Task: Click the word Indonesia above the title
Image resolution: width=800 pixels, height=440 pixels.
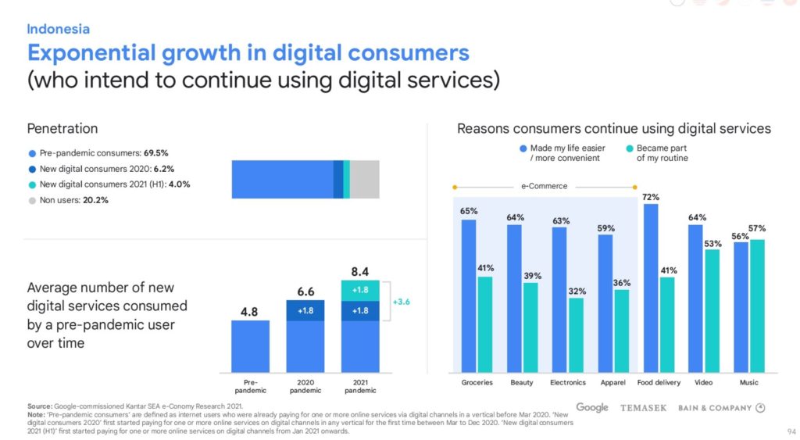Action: click(x=59, y=29)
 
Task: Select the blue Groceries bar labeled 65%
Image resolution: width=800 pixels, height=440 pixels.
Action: click(x=469, y=295)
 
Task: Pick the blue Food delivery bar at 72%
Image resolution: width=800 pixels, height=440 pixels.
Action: click(x=650, y=287)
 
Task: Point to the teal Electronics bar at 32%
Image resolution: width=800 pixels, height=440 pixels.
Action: click(x=576, y=334)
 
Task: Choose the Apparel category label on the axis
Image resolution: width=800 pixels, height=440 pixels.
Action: click(x=614, y=383)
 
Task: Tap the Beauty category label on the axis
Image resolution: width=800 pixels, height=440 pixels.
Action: click(x=523, y=383)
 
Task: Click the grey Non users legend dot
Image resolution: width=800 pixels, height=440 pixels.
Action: click(x=32, y=200)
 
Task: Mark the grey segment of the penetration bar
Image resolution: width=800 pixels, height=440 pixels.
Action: click(x=364, y=179)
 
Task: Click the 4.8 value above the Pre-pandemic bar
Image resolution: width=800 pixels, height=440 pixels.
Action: click(x=250, y=310)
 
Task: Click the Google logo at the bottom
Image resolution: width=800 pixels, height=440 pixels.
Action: click(x=592, y=408)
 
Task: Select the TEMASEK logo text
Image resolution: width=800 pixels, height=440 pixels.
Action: click(x=643, y=408)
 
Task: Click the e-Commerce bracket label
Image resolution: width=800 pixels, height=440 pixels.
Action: click(x=544, y=187)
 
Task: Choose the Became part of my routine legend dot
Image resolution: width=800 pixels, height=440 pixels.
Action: click(x=630, y=148)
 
